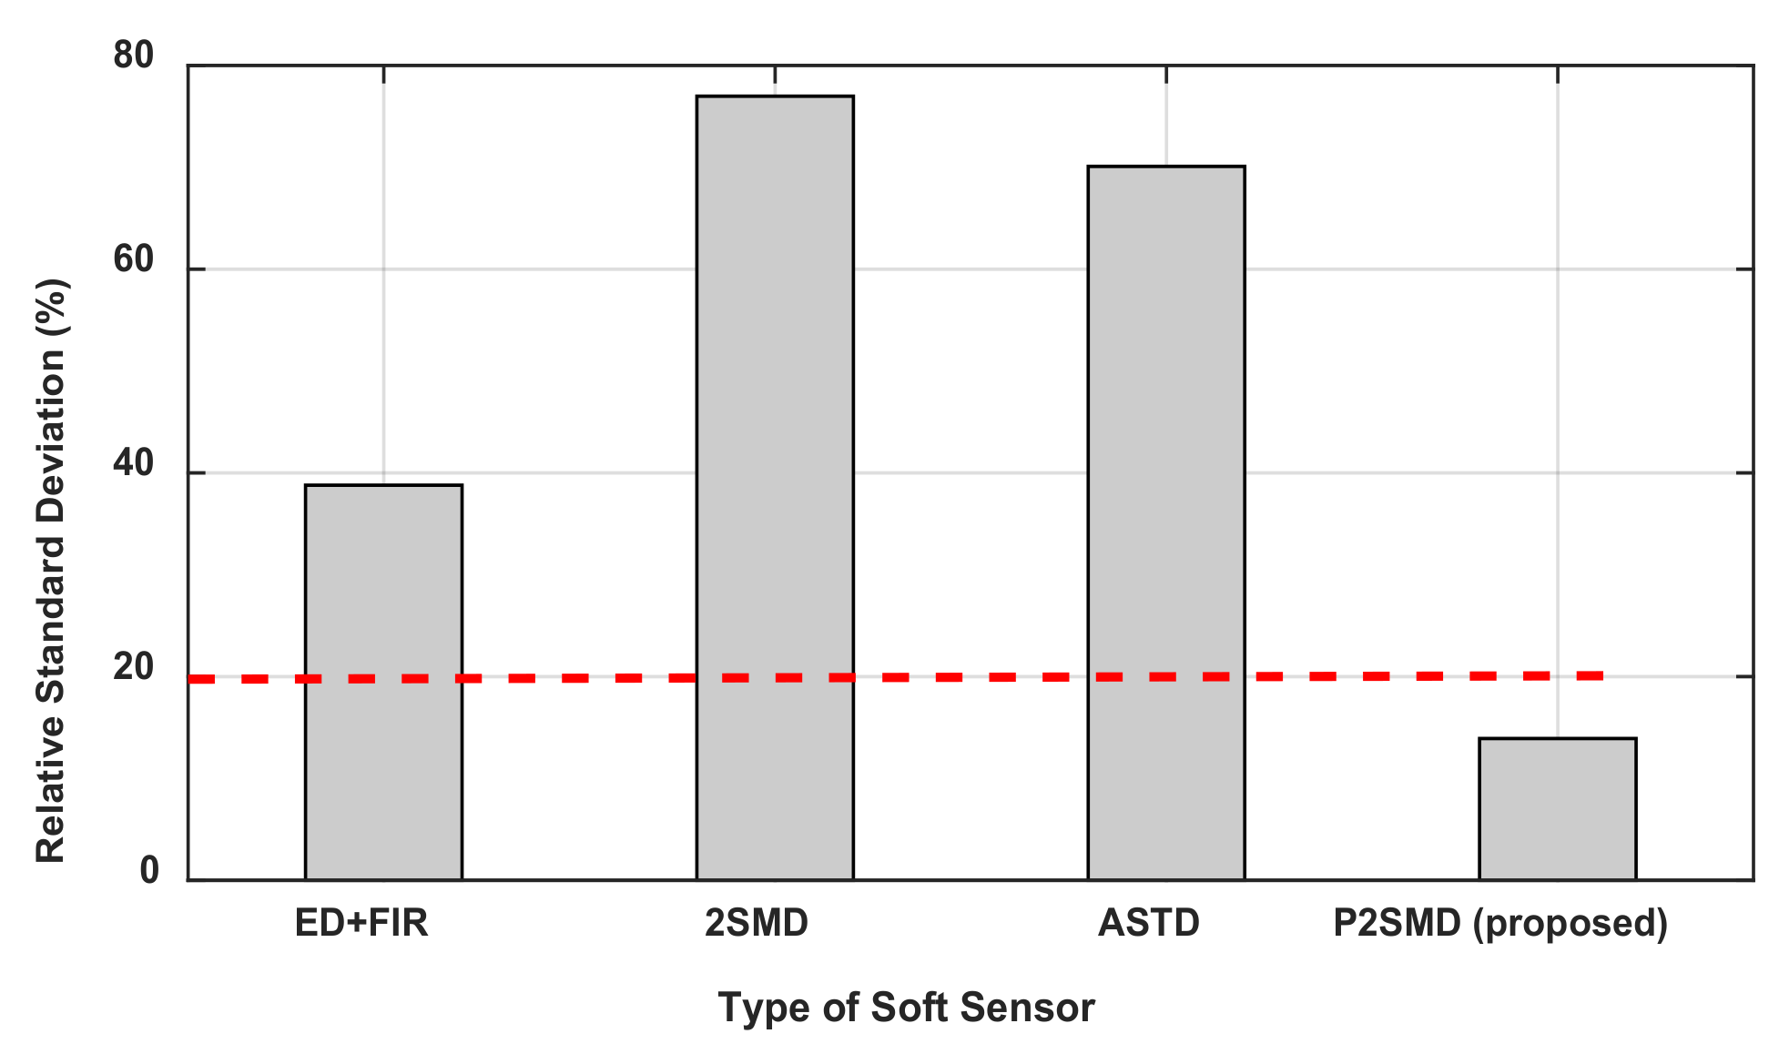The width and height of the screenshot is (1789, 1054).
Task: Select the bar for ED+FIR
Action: tap(383, 683)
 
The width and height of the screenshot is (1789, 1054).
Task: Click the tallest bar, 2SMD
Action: tap(775, 488)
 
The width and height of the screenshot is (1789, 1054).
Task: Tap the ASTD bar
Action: tap(1166, 523)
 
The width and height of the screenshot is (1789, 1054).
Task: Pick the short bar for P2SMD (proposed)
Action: tap(1557, 809)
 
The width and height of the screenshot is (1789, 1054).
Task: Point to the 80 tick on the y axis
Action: tap(134, 56)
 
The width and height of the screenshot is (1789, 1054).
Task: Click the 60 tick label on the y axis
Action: tap(134, 260)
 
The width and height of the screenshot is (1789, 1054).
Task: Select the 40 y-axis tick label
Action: tap(134, 464)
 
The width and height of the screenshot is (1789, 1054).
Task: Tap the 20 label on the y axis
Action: tap(134, 668)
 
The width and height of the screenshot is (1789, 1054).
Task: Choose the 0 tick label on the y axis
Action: tap(149, 871)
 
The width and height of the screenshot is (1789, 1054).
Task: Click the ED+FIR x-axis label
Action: tap(361, 923)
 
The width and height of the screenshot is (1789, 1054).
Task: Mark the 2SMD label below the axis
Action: tap(757, 923)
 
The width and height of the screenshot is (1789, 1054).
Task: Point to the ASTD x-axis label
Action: tap(1149, 923)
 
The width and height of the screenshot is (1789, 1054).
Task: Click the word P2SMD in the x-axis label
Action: tap(1398, 923)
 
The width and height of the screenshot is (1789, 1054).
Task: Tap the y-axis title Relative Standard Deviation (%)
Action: tap(51, 571)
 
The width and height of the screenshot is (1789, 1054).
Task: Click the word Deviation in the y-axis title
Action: tap(51, 417)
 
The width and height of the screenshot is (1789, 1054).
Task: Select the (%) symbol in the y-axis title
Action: tap(51, 306)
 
